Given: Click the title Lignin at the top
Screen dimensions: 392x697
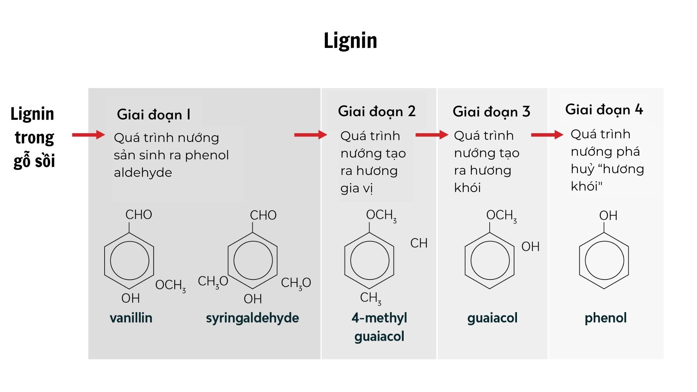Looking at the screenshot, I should click(x=350, y=40).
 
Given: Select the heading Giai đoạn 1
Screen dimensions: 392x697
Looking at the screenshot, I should click(x=154, y=115).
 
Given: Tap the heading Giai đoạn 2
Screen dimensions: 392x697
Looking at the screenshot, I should click(x=376, y=111).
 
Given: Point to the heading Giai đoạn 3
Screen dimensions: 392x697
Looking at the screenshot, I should click(x=491, y=112).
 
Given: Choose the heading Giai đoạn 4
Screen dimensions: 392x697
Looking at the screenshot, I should click(x=604, y=110).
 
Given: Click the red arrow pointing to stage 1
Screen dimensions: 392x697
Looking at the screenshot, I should click(x=88, y=135).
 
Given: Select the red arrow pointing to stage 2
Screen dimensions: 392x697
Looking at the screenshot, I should click(x=310, y=135).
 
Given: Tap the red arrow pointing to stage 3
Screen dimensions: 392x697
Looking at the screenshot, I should click(x=432, y=135).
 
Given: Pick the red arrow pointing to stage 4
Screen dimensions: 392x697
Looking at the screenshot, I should click(x=547, y=135).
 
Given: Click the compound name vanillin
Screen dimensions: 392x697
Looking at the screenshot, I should click(x=131, y=318).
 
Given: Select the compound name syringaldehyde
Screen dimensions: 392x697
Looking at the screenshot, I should click(x=252, y=318).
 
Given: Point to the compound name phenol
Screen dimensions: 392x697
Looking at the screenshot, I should click(x=606, y=318).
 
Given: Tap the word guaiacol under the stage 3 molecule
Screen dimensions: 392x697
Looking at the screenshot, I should click(x=492, y=318).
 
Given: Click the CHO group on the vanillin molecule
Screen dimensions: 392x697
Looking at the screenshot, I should click(x=139, y=215).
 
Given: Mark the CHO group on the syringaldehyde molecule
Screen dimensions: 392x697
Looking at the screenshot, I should click(x=263, y=215).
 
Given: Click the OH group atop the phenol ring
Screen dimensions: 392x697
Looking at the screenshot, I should click(x=608, y=216).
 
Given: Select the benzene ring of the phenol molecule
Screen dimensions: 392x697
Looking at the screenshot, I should click(x=604, y=260).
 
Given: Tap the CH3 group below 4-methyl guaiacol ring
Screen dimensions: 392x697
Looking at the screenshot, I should click(x=370, y=298).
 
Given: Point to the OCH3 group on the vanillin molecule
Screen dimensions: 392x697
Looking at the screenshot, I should click(x=170, y=285).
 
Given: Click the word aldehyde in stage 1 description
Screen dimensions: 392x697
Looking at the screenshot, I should click(x=143, y=173).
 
